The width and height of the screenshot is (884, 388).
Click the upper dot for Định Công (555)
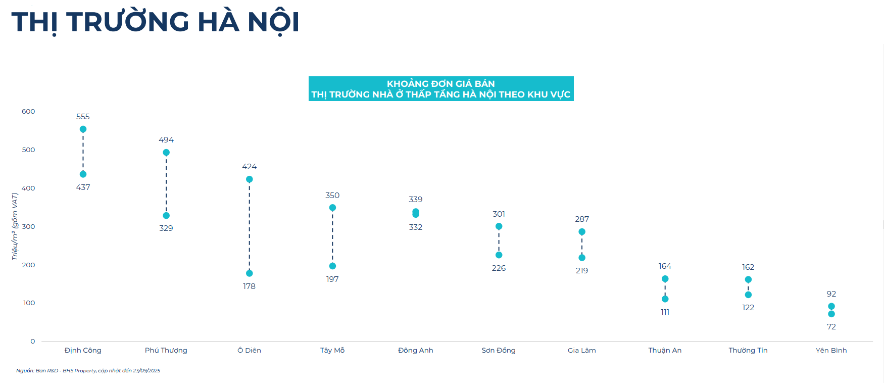tap(83, 129)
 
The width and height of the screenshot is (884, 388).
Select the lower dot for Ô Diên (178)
tap(249, 273)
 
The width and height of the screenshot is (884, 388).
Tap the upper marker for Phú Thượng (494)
tap(166, 153)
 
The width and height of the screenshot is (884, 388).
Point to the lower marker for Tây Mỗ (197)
tap(332, 266)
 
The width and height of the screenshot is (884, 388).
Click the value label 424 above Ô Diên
tap(249, 167)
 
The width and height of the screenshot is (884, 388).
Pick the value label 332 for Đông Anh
tap(415, 227)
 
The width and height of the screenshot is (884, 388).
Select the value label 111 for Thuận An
tap(665, 312)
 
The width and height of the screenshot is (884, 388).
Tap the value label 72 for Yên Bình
tap(831, 327)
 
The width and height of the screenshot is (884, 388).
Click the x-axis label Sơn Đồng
tap(499, 350)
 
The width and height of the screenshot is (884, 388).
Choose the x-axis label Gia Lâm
tap(581, 350)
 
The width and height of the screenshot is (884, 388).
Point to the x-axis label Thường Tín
tap(748, 350)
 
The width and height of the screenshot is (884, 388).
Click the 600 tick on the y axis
tap(28, 112)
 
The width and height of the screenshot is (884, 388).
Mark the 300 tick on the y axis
tap(28, 226)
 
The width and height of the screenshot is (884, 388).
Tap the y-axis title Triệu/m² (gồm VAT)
tap(15, 226)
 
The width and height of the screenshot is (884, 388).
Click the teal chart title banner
tap(440, 89)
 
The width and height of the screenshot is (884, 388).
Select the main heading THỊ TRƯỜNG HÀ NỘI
tap(155, 22)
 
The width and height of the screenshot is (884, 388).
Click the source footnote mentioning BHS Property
tap(88, 371)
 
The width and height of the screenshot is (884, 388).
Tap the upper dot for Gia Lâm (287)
tap(581, 232)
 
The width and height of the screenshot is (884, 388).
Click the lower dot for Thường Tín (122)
tap(748, 295)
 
